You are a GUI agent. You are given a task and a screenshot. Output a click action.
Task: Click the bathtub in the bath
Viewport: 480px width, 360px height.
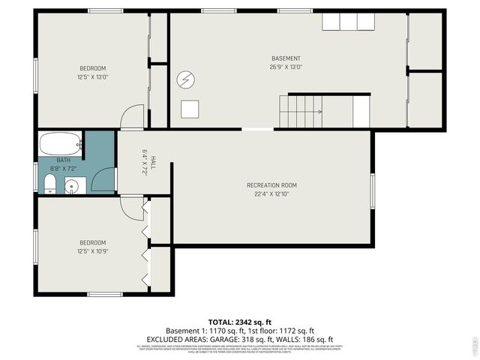tap(60, 143)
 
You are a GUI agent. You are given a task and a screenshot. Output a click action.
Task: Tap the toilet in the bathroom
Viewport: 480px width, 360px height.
tap(50, 185)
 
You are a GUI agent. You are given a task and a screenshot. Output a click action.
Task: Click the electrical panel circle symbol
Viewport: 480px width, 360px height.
tap(184, 79)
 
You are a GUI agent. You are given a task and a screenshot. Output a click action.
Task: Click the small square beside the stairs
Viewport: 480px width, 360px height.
tap(190, 109)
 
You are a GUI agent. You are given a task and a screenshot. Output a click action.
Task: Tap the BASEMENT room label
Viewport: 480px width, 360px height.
tap(286, 58)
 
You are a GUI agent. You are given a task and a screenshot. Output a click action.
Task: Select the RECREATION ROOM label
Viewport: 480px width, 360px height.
tap(271, 185)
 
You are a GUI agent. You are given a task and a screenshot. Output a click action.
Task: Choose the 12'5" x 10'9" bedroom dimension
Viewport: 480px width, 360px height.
tap(92, 250)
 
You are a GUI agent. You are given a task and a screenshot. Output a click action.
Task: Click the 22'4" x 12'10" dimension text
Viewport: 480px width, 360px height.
tap(271, 193)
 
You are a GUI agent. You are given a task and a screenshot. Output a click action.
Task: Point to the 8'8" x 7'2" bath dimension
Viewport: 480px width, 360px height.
tap(63, 169)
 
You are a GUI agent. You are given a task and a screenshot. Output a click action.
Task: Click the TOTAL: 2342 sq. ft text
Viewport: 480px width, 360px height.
tap(240, 322)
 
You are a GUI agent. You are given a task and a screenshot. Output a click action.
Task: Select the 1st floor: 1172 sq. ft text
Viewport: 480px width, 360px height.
tap(282, 331)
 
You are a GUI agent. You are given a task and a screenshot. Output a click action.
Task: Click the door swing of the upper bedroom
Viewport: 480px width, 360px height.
tap(132, 117)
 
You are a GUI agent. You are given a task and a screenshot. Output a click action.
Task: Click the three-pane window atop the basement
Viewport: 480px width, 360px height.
tap(349, 20)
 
